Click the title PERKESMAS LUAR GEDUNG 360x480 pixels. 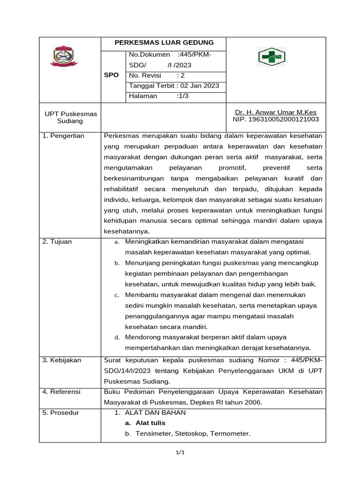point(164,43)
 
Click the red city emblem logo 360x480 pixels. point(64,56)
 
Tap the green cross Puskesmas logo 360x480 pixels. point(272,57)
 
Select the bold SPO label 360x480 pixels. point(112,75)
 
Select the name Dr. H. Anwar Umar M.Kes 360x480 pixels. point(276,112)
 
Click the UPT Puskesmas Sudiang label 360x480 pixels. point(70,117)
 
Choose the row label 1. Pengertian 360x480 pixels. point(63,136)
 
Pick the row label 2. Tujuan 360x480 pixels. point(58,242)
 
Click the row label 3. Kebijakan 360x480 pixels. point(62,360)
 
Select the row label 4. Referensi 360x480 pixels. point(61,391)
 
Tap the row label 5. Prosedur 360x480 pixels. point(60,412)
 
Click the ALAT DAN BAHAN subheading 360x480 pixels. point(155,412)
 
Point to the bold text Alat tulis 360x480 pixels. point(150,423)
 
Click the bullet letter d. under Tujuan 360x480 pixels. point(117,337)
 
